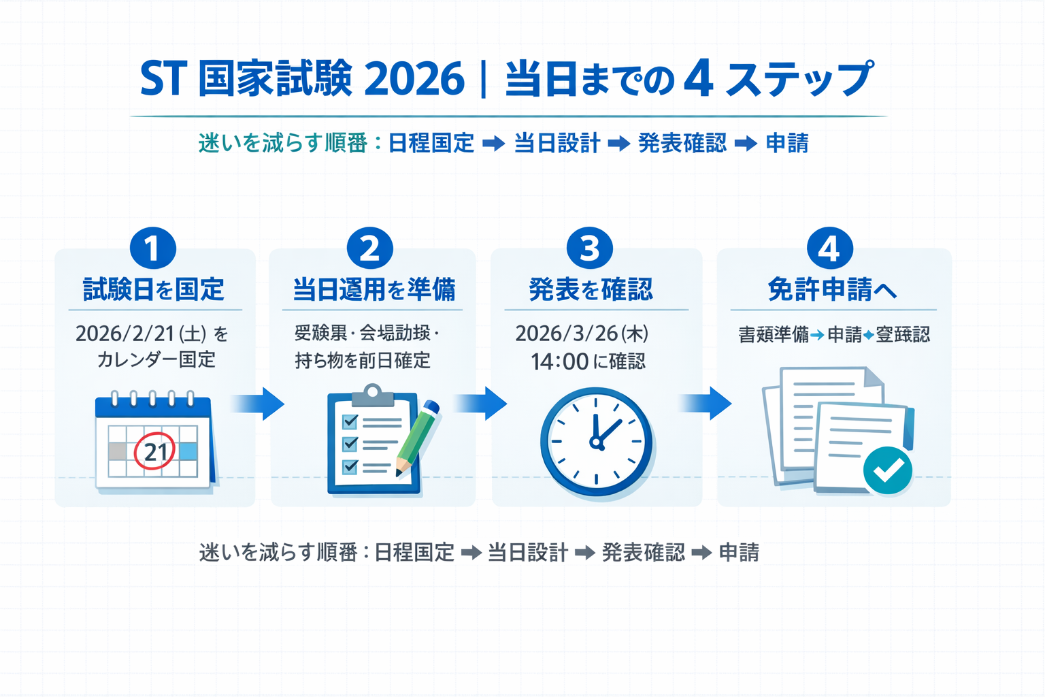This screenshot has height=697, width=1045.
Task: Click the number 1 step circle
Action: point(152,248)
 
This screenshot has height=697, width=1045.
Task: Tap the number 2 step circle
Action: point(369,248)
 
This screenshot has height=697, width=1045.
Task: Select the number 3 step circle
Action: point(589,248)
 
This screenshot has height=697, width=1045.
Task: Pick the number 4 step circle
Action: point(829,248)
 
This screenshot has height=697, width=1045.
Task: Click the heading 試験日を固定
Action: point(153,290)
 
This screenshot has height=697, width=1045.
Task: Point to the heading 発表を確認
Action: point(591,290)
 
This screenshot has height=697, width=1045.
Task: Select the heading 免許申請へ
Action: point(831,290)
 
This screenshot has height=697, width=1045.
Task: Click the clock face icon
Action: point(596,442)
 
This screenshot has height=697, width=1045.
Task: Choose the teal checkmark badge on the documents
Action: point(887,470)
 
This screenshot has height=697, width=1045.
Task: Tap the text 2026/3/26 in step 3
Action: point(566,334)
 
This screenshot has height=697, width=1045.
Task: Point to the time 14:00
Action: point(559,361)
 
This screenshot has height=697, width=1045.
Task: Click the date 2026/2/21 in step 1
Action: point(125,334)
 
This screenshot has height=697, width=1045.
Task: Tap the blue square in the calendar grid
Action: point(188,451)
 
